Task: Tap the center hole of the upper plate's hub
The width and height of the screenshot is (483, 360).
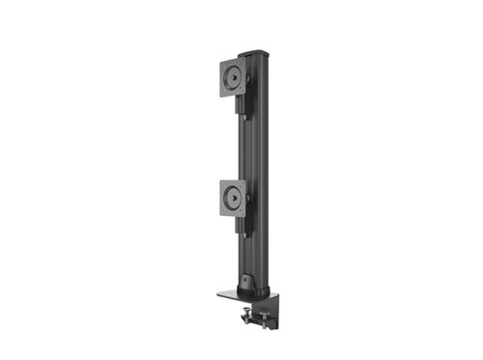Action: tap(233, 77)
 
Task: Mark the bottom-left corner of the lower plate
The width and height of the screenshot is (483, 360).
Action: tap(222, 214)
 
